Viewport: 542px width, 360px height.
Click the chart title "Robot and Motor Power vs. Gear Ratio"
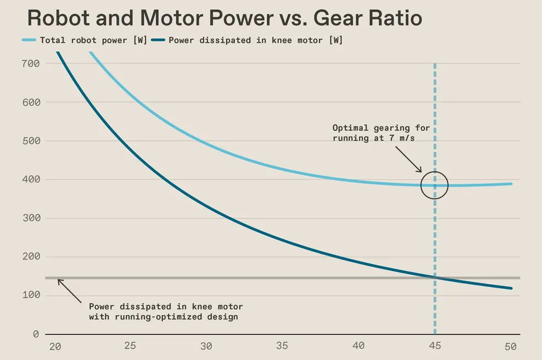click(225, 18)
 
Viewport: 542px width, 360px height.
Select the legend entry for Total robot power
click(85, 40)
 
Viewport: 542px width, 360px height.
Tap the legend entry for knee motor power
click(247, 40)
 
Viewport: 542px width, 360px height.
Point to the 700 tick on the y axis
click(30, 64)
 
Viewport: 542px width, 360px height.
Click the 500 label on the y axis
click(31, 141)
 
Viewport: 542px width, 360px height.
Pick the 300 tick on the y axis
click(31, 218)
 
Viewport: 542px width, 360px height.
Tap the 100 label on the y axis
click(31, 295)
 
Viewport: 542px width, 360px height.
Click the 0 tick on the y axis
click(35, 334)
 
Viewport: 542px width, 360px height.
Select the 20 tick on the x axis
click(55, 346)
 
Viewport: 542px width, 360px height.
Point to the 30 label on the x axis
click(206, 346)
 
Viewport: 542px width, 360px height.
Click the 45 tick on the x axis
click(435, 346)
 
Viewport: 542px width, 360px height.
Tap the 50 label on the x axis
click(510, 346)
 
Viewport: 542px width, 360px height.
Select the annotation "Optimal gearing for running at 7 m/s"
click(381, 133)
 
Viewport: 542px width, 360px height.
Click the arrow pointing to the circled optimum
click(409, 159)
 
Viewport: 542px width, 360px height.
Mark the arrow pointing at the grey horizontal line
click(70, 291)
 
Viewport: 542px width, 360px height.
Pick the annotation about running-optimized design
click(166, 312)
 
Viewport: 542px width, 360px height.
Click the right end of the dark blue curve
click(511, 288)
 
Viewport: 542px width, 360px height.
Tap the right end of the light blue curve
click(511, 184)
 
